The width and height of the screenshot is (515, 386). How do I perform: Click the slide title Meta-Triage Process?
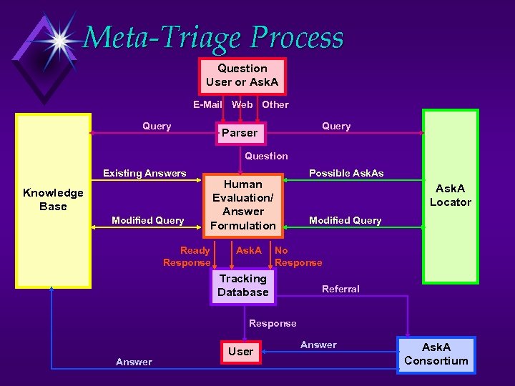(x=213, y=37)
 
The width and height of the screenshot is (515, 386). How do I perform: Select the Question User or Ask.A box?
(x=242, y=76)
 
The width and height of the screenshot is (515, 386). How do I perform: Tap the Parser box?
(x=240, y=133)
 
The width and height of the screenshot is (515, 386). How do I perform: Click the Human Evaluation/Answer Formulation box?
(x=243, y=205)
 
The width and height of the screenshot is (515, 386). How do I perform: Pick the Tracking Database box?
(x=243, y=286)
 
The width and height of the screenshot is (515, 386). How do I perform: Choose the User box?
(x=240, y=352)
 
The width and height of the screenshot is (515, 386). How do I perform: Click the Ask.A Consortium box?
(x=436, y=355)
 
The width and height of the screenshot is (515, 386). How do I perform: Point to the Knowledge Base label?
(x=53, y=199)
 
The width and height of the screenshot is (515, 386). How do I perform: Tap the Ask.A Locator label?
(x=450, y=195)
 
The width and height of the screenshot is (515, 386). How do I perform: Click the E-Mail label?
(x=207, y=104)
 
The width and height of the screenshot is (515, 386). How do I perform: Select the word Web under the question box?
(x=242, y=104)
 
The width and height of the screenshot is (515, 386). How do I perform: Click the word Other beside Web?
(x=275, y=104)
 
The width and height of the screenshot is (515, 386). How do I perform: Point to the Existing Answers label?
(x=144, y=173)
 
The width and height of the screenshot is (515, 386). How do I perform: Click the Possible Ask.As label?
(x=346, y=173)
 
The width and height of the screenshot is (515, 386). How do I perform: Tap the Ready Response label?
(x=187, y=257)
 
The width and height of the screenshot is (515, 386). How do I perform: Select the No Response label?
(x=297, y=257)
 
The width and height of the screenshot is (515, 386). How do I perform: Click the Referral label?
(x=340, y=289)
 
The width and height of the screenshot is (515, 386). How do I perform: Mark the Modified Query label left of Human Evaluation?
(x=148, y=220)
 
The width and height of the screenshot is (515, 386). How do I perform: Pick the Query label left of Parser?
(x=157, y=127)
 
